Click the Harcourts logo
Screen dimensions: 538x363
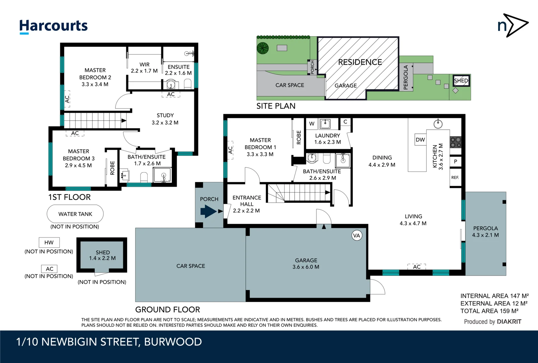pos(53,26)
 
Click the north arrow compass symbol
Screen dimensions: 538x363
pos(512,25)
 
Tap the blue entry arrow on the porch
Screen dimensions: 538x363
pos(208,211)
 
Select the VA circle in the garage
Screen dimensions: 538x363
pos(356,235)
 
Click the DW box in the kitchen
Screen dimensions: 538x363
pos(420,139)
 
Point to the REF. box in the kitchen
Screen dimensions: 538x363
pos(455,177)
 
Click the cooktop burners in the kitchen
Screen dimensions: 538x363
pos(455,142)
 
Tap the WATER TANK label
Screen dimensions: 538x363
pos(75,214)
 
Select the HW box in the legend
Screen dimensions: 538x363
pos(49,242)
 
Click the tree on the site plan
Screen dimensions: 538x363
pos(263,48)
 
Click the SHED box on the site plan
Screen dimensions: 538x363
pos(461,81)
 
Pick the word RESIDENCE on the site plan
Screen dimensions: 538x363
pos(360,62)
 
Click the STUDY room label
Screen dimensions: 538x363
pos(165,115)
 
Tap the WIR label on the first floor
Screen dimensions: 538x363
pos(145,65)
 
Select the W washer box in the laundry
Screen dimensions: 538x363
pos(312,124)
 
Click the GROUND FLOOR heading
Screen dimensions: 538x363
pos(167,310)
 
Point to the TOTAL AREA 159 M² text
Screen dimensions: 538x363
pos(489,311)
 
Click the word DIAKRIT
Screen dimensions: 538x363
pos(509,322)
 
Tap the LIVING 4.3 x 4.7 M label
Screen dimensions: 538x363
pos(413,220)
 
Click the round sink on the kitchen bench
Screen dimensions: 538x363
pos(438,124)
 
